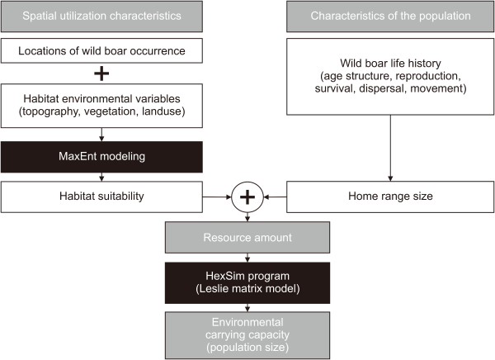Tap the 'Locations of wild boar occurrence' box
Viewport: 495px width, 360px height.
[x=102, y=52]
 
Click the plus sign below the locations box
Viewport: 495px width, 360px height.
[x=102, y=74]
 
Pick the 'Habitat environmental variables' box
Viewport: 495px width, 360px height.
[x=102, y=104]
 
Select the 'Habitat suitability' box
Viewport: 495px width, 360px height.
[x=102, y=197]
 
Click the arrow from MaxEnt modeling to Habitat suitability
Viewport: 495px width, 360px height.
[x=102, y=178]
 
